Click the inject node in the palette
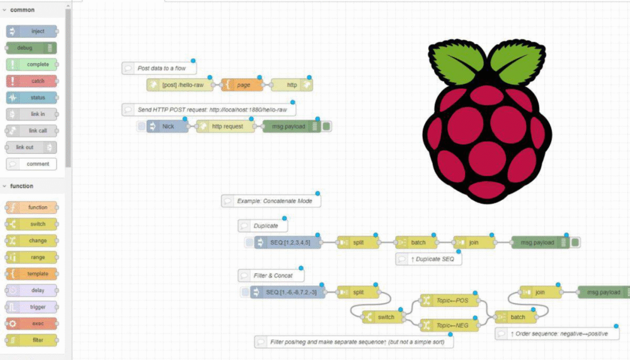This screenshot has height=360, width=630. point(31,31)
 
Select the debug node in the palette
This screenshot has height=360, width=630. point(31,47)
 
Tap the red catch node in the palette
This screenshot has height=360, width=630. point(31,81)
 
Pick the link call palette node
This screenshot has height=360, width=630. point(31,131)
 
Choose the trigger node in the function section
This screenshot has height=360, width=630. point(31,307)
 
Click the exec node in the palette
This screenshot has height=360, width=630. point(31,323)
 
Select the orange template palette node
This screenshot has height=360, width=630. point(31,274)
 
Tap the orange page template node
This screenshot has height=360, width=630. point(242,84)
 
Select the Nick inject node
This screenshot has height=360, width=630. point(168,126)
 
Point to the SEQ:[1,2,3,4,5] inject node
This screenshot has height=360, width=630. point(287,243)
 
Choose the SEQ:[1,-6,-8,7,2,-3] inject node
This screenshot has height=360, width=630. point(289,293)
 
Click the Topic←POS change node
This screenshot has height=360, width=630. point(449,301)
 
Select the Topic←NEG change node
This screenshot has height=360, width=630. point(449,325)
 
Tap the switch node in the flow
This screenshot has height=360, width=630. point(382,317)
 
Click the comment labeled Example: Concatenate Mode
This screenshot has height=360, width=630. point(271,200)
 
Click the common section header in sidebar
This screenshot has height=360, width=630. point(23,10)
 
